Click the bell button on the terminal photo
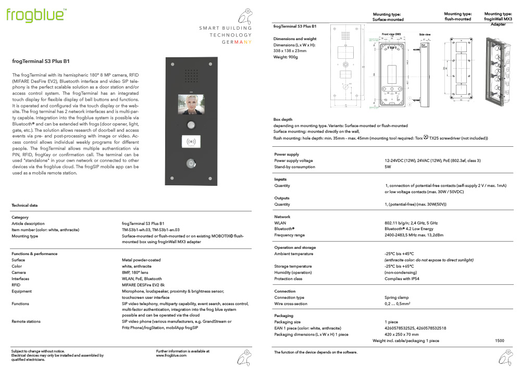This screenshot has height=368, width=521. click(x=191, y=163)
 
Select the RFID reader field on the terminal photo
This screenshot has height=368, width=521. click(x=191, y=142)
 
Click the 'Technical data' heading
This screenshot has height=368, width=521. click(x=24, y=206)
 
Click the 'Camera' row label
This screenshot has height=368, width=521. click(x=19, y=272)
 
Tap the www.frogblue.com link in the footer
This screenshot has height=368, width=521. click(x=171, y=355)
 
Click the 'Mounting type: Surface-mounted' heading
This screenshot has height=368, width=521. click(x=388, y=17)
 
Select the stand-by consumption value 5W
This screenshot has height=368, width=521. click(x=388, y=167)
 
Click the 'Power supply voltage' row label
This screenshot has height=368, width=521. click(x=293, y=161)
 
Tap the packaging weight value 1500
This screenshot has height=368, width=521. click(x=500, y=340)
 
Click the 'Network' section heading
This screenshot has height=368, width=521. click(x=282, y=217)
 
